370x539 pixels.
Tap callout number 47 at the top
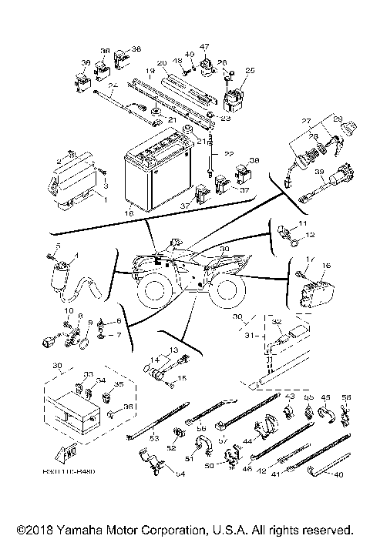pyautogui.click(x=204, y=47)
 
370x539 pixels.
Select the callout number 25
pyautogui.click(x=249, y=70)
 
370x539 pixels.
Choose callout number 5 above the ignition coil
pyautogui.click(x=49, y=246)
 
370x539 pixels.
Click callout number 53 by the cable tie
pyautogui.click(x=153, y=438)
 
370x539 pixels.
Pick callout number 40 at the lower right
pyautogui.click(x=336, y=475)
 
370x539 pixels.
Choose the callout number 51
pyautogui.click(x=190, y=458)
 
